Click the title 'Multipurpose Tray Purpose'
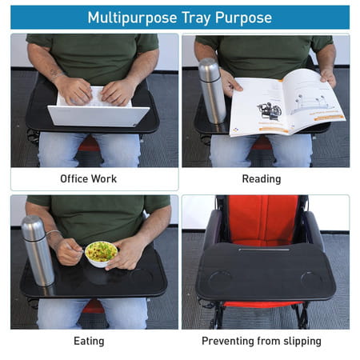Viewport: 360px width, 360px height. tap(179, 18)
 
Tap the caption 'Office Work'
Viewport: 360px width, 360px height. tap(88, 178)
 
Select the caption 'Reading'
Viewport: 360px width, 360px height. tap(261, 178)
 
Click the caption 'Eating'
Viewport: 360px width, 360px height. tap(88, 341)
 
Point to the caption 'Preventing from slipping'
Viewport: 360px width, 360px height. tap(261, 341)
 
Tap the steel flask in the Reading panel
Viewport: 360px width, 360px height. tap(211, 89)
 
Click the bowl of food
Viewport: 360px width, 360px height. tap(102, 253)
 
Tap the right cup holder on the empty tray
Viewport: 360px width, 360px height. tap(312, 282)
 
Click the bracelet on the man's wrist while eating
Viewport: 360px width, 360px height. tap(54, 234)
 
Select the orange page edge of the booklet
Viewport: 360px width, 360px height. tap(335, 118)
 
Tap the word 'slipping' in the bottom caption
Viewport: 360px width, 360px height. tap(300, 341)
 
